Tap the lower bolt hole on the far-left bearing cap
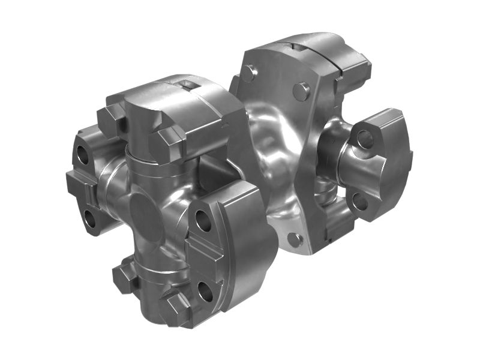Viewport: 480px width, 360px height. (89, 219)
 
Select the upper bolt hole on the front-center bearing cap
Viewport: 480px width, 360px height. (202, 223)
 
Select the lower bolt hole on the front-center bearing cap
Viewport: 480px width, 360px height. (206, 292)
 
